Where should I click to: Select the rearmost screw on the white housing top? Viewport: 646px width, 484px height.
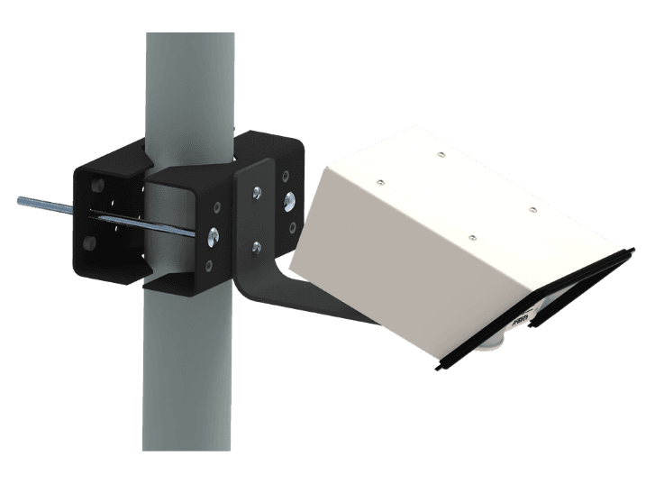click(440, 155)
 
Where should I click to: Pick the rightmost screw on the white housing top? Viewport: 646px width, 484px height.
click(532, 209)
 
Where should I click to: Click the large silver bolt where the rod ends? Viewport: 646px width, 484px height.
click(213, 236)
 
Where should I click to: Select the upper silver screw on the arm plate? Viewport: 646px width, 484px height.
click(258, 192)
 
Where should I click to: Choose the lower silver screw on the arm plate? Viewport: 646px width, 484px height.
click(257, 243)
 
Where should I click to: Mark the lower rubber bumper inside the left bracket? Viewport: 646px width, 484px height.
click(88, 243)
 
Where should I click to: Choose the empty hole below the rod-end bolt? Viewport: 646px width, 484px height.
click(210, 266)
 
